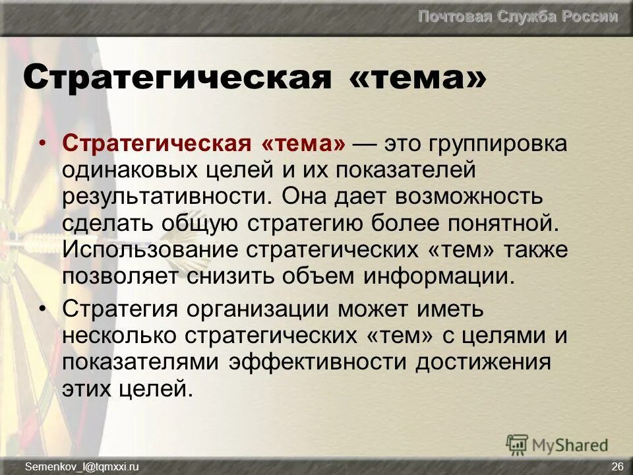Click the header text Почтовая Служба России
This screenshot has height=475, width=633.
(x=518, y=17)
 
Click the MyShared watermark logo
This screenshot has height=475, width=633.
(x=557, y=445)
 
